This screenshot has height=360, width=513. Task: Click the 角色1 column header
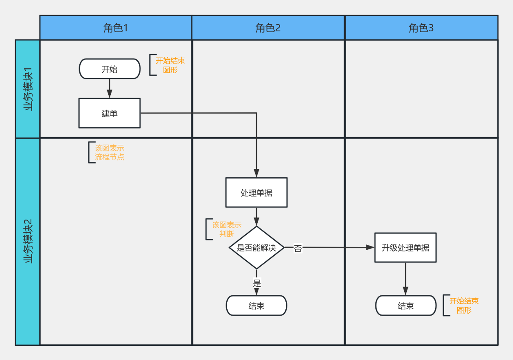point(116,28)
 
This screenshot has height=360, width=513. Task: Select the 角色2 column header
point(268,28)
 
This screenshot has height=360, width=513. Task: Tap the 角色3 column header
point(421,28)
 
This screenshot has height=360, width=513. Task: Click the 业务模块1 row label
point(28,89)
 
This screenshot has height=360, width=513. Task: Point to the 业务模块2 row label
point(28,241)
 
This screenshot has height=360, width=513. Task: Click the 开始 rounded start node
point(110,69)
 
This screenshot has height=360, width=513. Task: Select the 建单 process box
point(110,113)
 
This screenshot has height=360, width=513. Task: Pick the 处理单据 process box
point(256,192)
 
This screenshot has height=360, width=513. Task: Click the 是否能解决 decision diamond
point(256,247)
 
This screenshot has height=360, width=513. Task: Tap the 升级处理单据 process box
point(406,247)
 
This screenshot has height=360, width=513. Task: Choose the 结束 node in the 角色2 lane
point(256,305)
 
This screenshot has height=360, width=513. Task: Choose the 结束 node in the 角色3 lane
point(406,305)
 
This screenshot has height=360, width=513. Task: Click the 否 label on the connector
point(298,249)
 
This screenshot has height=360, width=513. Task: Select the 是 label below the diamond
point(257,283)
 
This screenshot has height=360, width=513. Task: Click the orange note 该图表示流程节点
point(109,152)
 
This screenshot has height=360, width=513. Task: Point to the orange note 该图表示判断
point(226,229)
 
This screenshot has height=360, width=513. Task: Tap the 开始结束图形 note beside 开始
point(170,65)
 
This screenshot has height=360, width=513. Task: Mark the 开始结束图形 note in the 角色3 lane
point(464,305)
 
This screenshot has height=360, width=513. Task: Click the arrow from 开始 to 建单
point(110,88)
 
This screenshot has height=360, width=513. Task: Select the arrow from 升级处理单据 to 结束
point(406,279)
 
